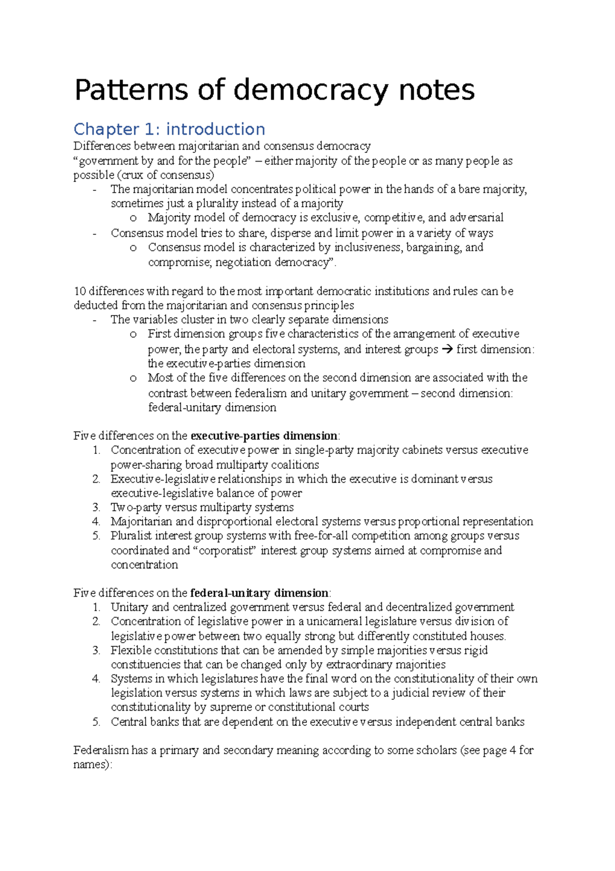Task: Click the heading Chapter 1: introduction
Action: pyautogui.click(x=169, y=129)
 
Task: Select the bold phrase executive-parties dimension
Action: pyautogui.click(x=263, y=436)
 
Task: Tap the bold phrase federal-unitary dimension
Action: pyautogui.click(x=259, y=593)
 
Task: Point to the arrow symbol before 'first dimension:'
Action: pyautogui.click(x=447, y=349)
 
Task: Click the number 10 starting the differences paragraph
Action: pyautogui.click(x=79, y=291)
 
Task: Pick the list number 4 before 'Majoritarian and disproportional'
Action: pyautogui.click(x=96, y=522)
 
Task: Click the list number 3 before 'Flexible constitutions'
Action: pyautogui.click(x=96, y=650)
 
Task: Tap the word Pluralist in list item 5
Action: pyautogui.click(x=131, y=536)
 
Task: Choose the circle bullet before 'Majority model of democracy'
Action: pyautogui.click(x=133, y=218)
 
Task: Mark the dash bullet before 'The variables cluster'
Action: pyautogui.click(x=94, y=320)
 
